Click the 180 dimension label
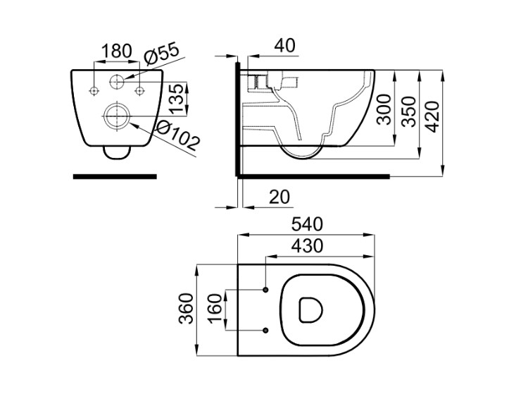(116, 51)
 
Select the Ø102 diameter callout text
(179, 135)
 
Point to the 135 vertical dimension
(177, 99)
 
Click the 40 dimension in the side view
(285, 46)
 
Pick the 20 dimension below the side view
(279, 197)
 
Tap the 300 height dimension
(384, 109)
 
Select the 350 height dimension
(409, 111)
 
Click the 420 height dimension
(432, 117)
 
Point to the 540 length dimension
(307, 224)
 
